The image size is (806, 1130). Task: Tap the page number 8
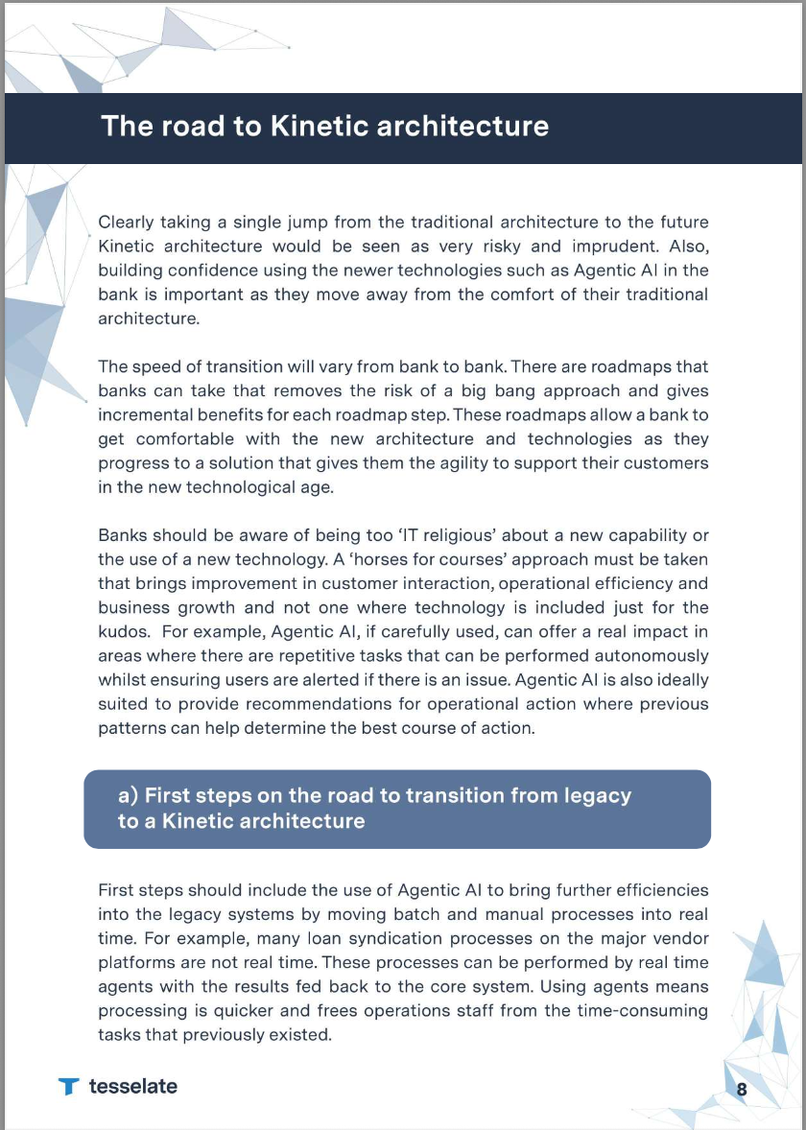[742, 1089]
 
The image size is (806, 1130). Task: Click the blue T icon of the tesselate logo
[68, 1087]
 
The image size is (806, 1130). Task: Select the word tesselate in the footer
[133, 1086]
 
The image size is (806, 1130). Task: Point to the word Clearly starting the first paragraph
[126, 222]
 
